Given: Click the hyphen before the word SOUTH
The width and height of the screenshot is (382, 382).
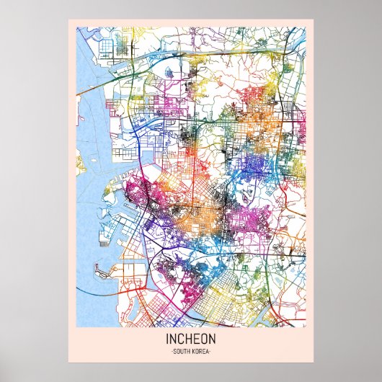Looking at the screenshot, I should [x=171, y=351].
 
